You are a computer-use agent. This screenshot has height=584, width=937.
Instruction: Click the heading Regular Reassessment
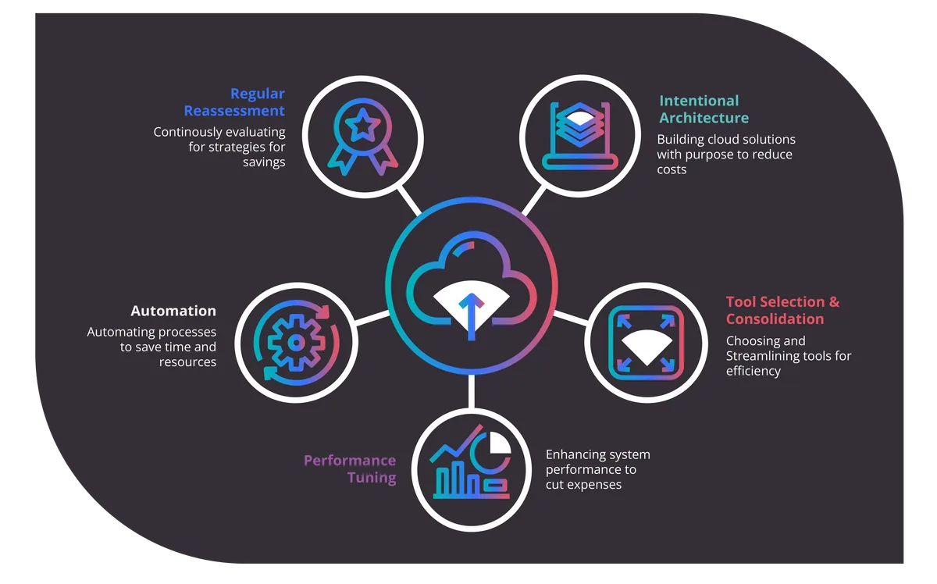click(234, 102)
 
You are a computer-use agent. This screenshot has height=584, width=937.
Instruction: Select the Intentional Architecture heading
click(703, 109)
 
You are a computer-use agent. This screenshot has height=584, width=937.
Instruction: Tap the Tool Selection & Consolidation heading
click(782, 310)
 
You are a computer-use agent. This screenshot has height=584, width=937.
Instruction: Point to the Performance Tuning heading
click(350, 468)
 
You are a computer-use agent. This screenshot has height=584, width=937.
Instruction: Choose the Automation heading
click(173, 311)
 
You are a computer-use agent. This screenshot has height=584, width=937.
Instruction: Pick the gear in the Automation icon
click(295, 341)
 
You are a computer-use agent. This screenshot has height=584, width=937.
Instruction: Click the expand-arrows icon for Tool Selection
click(645, 342)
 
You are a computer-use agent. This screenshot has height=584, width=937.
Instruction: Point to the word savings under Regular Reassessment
click(263, 162)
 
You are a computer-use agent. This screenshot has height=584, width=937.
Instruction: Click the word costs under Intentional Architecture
click(672, 169)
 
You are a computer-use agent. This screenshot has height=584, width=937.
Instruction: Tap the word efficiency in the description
click(753, 371)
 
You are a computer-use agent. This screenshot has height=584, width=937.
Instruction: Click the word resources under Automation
click(187, 362)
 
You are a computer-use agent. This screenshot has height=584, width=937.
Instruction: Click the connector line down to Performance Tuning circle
click(471, 392)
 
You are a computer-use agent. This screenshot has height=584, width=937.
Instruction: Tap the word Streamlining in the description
click(763, 356)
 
